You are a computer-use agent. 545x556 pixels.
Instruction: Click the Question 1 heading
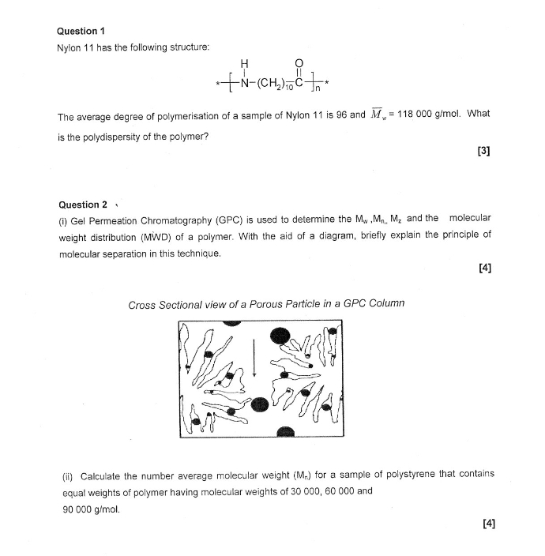tap(81, 31)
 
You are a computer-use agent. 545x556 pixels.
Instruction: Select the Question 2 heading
tap(82, 205)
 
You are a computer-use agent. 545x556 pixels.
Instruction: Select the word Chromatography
tap(175, 219)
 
